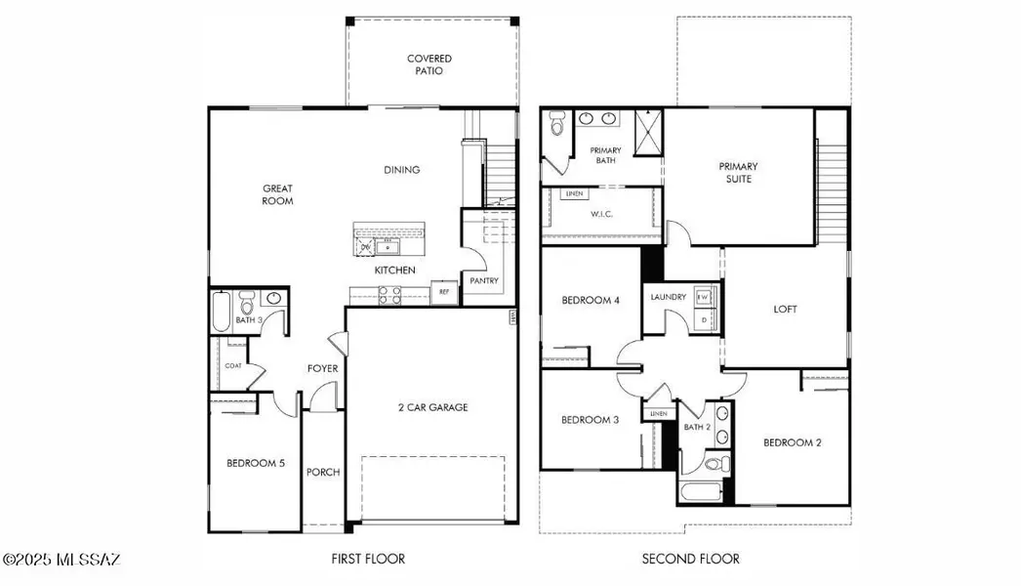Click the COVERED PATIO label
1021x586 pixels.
(429, 65)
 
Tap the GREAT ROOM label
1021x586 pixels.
(277, 194)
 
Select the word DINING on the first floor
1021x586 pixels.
(401, 170)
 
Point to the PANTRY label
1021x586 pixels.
(483, 281)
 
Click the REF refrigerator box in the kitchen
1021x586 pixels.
(443, 292)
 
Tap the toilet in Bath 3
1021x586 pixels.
(247, 302)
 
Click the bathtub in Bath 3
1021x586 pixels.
(222, 312)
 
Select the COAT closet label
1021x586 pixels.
(232, 366)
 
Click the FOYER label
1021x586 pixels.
(322, 369)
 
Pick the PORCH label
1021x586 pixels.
(323, 473)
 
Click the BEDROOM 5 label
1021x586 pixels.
(256, 464)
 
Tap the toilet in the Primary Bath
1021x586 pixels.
(557, 125)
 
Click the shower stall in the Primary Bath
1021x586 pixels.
(647, 131)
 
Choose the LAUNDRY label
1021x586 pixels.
(669, 297)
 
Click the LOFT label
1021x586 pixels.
(786, 310)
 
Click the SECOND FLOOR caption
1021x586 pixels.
(690, 560)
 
